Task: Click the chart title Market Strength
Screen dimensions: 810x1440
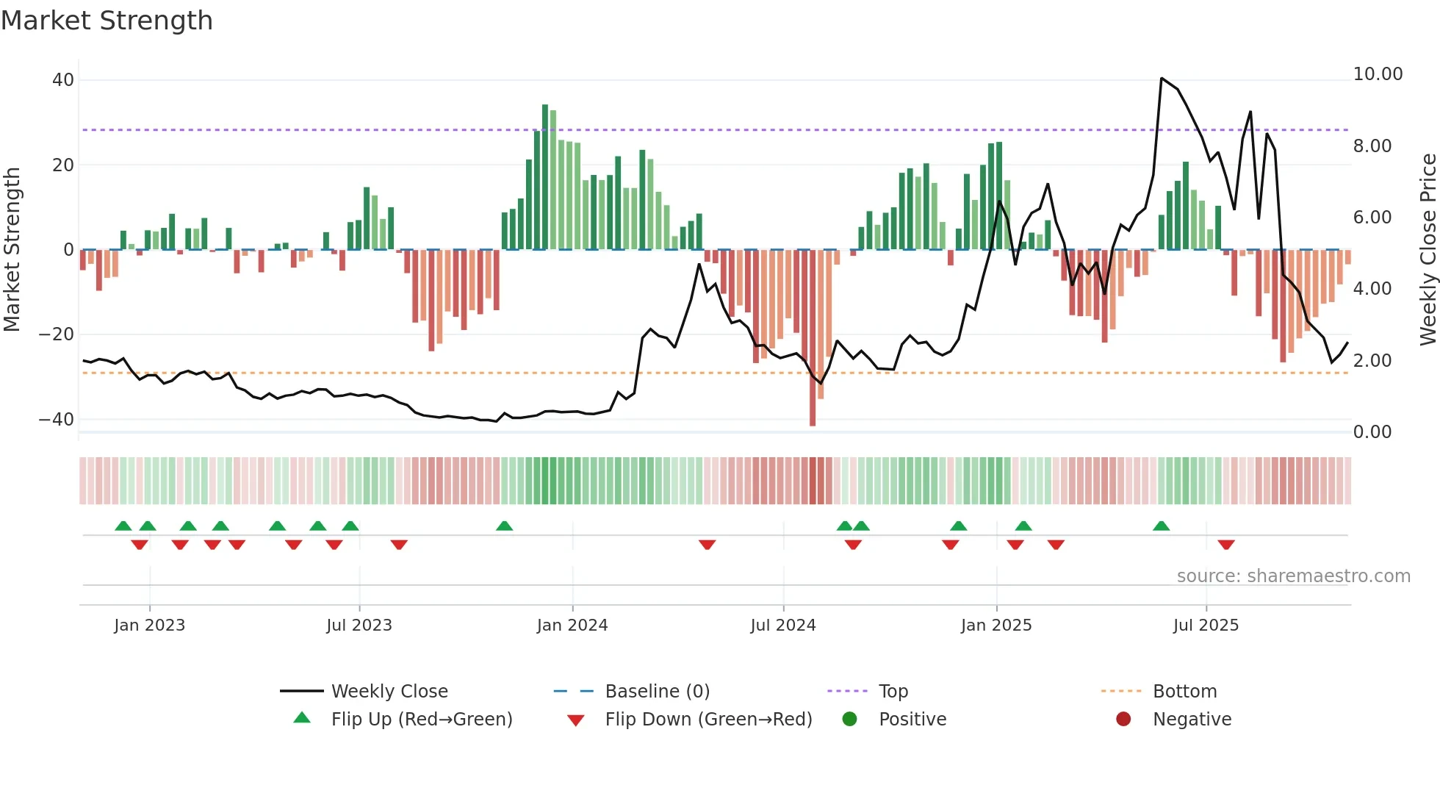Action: [107, 21]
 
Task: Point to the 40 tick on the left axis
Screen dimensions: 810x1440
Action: [63, 80]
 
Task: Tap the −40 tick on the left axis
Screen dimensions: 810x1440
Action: [57, 420]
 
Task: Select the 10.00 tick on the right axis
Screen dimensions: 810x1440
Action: [1378, 74]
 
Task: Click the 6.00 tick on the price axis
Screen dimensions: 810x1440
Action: [1372, 218]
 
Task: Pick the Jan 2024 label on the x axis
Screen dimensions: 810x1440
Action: [572, 626]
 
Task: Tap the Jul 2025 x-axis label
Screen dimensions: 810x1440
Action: [1206, 626]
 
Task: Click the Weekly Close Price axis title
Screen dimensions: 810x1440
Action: [1428, 250]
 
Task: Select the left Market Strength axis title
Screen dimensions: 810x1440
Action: [12, 250]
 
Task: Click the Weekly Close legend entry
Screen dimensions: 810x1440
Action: [389, 692]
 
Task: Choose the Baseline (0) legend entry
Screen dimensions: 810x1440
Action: [657, 692]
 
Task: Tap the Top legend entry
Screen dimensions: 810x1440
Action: [893, 692]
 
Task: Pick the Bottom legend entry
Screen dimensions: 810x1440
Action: [1184, 692]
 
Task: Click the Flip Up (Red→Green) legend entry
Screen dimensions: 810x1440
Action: [421, 720]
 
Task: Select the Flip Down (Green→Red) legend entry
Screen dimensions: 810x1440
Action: [708, 720]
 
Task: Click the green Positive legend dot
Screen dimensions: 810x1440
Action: [850, 720]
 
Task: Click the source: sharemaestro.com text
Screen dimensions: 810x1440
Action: [1293, 576]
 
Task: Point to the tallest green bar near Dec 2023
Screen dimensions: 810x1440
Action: [545, 176]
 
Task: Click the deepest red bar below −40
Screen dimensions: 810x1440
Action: [813, 338]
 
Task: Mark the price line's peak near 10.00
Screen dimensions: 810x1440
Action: [1162, 78]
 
